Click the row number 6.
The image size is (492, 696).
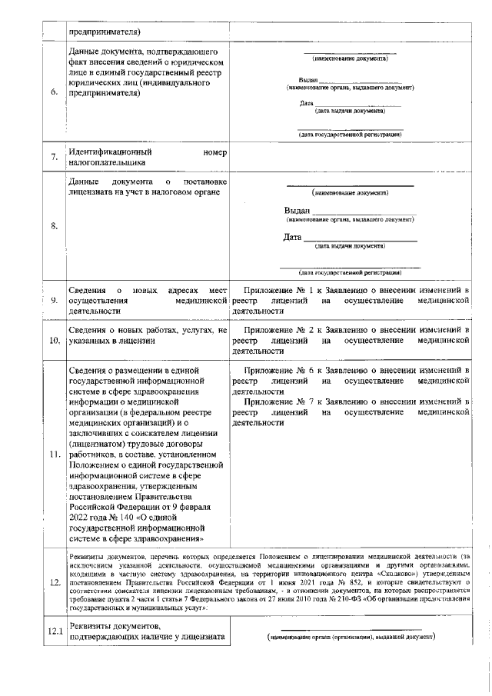pos(54,93)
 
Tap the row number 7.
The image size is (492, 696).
pos(54,158)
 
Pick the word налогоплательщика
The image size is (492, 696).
pos(106,163)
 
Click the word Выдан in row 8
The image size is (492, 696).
pos(297,211)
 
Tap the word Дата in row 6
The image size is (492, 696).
pos(306,103)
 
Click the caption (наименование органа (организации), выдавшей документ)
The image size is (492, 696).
pos(351,638)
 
